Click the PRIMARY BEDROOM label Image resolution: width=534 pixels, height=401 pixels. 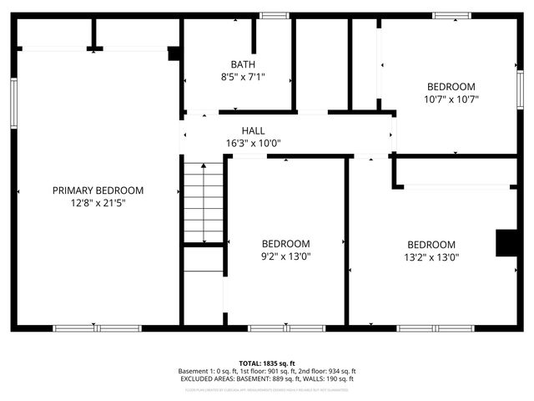pyautogui.click(x=98, y=190)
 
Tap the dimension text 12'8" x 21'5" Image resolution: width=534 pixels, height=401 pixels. pyautogui.click(x=98, y=202)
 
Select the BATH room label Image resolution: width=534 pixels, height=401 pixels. pyautogui.click(x=243, y=64)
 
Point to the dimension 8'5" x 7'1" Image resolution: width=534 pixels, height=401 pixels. pyautogui.click(x=243, y=76)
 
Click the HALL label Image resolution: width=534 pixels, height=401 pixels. pyautogui.click(x=253, y=131)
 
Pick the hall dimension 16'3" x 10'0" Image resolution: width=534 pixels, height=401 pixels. pyautogui.click(x=253, y=143)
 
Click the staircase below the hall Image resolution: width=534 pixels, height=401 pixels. pyautogui.click(x=203, y=201)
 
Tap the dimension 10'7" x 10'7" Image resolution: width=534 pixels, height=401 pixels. pyautogui.click(x=451, y=99)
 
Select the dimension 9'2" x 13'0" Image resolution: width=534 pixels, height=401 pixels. pyautogui.click(x=285, y=256)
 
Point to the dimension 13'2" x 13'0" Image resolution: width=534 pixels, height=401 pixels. pyautogui.click(x=431, y=256)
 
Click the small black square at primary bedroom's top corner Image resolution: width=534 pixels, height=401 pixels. pyautogui.click(x=174, y=53)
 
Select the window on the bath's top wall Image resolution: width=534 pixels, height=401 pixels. pyautogui.click(x=274, y=15)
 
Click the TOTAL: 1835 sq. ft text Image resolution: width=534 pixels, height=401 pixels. pyautogui.click(x=267, y=363)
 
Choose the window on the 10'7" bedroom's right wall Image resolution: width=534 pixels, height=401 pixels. pyautogui.click(x=520, y=89)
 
